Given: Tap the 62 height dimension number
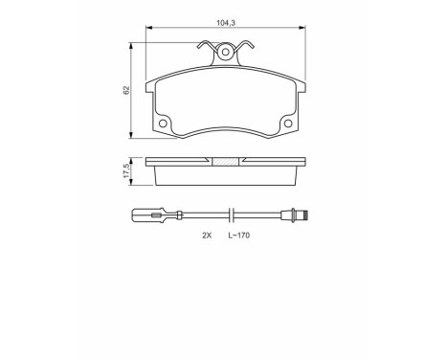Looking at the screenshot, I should click(125, 89).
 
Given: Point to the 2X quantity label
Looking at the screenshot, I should click(206, 235).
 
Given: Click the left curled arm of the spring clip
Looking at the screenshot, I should click(204, 44).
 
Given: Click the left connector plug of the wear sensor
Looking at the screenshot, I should click(153, 214).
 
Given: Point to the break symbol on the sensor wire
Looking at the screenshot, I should click(230, 214).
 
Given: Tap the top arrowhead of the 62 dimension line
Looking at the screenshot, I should click(132, 45).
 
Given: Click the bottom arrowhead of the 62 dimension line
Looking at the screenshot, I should click(132, 134).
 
